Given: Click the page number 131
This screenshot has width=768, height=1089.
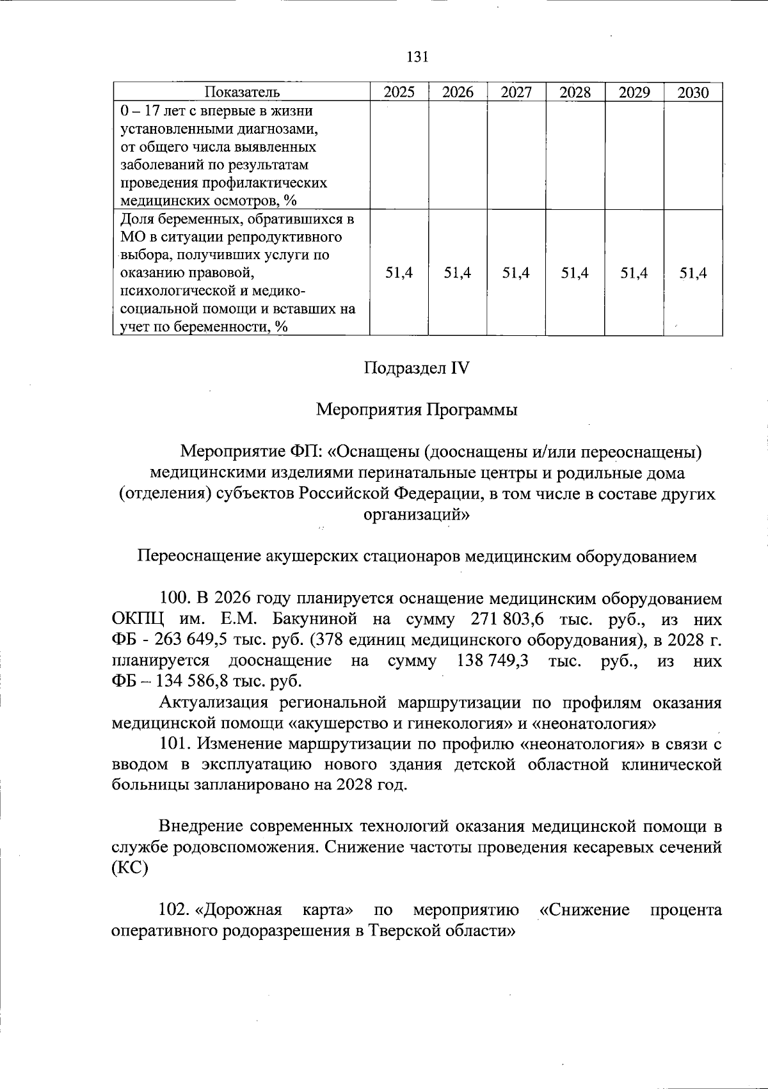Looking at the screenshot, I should coord(417,56).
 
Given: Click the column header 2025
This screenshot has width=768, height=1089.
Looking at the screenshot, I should coord(399,92).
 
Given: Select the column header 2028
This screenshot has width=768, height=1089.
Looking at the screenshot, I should coord(575,92).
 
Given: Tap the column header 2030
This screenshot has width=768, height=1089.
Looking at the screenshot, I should coord(693,92).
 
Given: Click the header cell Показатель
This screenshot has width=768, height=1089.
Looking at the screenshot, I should coord(242,92).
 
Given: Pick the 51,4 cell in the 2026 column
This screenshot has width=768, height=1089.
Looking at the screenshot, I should coord(458,273).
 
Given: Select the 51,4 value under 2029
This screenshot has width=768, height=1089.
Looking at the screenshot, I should coord(634,273).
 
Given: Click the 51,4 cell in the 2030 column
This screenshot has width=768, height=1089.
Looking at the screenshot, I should coord(693,273).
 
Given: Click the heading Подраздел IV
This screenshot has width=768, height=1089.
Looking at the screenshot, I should coord(417,369).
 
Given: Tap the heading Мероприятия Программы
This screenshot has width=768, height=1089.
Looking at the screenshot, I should coord(417,409).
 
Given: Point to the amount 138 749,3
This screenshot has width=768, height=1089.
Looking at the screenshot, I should coord(493,660).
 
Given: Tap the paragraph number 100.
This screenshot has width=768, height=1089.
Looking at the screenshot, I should coord(173,599).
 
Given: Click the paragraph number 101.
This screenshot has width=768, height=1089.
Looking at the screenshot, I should coord(173,743).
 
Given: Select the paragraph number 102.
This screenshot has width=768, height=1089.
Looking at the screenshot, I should coord(173,909).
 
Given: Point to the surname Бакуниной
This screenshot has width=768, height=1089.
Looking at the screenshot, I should coord(311,619).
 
